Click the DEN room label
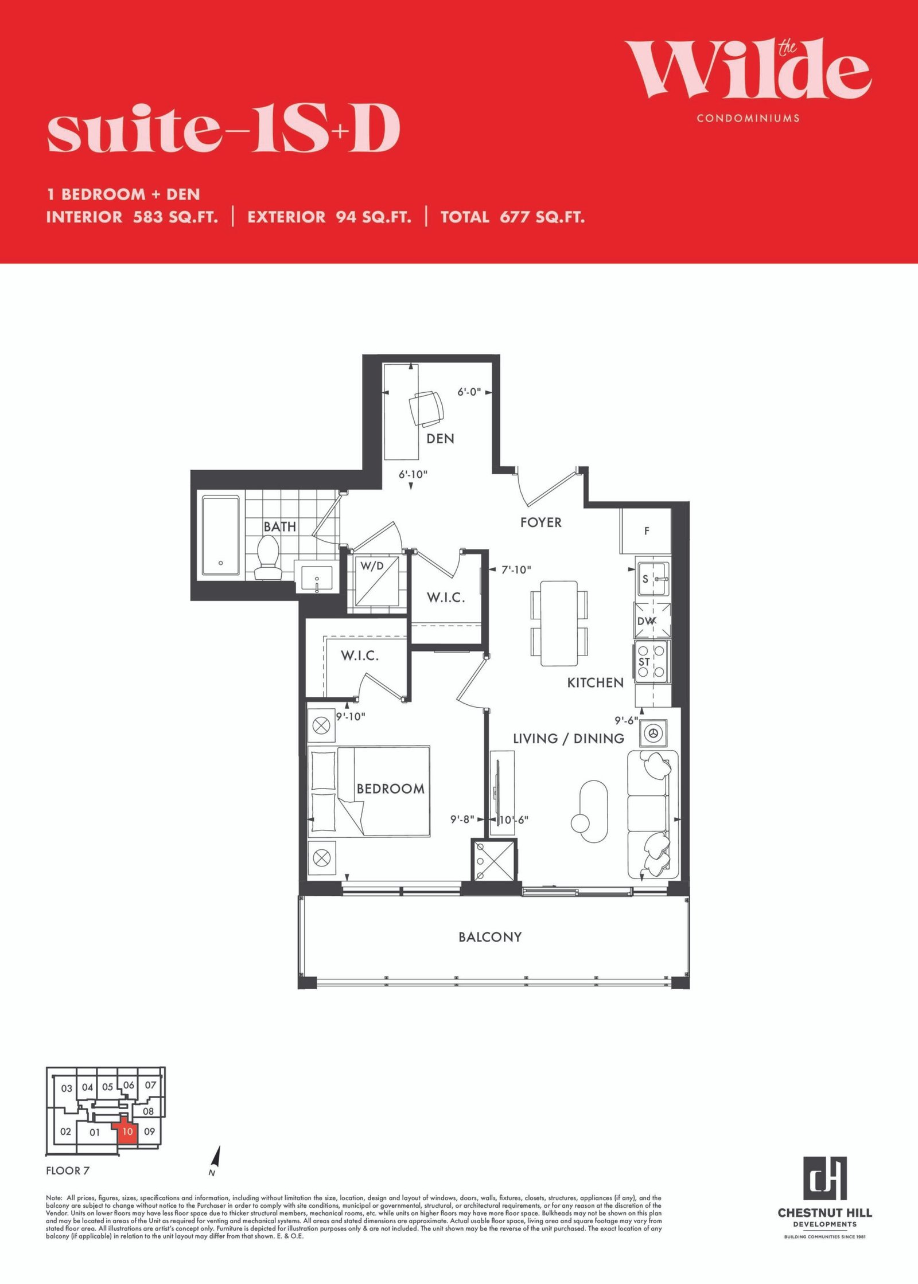click(x=440, y=439)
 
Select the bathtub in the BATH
click(x=221, y=535)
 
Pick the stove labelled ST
click(x=652, y=662)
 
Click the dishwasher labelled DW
click(x=652, y=620)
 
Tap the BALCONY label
click(x=490, y=937)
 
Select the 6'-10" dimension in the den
click(x=413, y=475)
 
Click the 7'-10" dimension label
click(x=516, y=569)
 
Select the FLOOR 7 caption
click(x=68, y=1170)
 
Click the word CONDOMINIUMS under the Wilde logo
click(x=748, y=118)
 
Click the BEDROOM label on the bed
click(x=391, y=789)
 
